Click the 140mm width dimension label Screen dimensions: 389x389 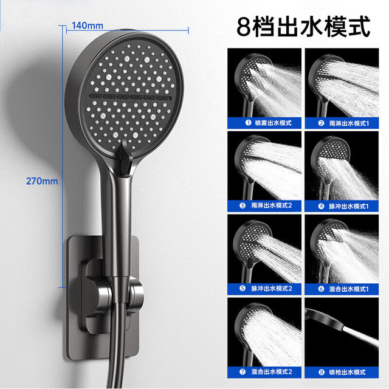point(88,26)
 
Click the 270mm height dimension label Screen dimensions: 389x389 point(42,181)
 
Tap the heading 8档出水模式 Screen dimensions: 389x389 point(303,27)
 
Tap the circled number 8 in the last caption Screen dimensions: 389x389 point(322,372)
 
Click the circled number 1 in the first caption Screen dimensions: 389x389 point(248,123)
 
